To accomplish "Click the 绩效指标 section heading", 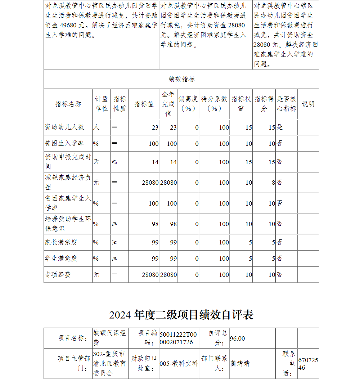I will point(181,79).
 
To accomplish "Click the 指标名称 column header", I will point(68,104).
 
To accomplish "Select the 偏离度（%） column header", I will point(188,104).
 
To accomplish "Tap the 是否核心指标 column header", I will point(287,104).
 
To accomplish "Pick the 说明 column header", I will point(308,104).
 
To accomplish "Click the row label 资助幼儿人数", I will point(64,127).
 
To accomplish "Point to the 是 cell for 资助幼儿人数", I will point(280,127).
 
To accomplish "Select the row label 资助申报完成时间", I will point(68,162).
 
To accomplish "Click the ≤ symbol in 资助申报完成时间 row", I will point(114,162).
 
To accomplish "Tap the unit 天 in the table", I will point(96,162).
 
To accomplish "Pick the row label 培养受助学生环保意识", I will point(68,224).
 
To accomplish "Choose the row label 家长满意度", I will point(61,242).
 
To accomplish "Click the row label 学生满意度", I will point(61,259).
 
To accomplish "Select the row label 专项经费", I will point(58,275).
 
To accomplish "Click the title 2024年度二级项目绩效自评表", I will point(181,315).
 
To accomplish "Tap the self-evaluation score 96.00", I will point(238,338).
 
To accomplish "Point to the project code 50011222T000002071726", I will point(178,338).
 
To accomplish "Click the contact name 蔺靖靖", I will point(240,364).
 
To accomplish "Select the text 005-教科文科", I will point(179,364).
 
